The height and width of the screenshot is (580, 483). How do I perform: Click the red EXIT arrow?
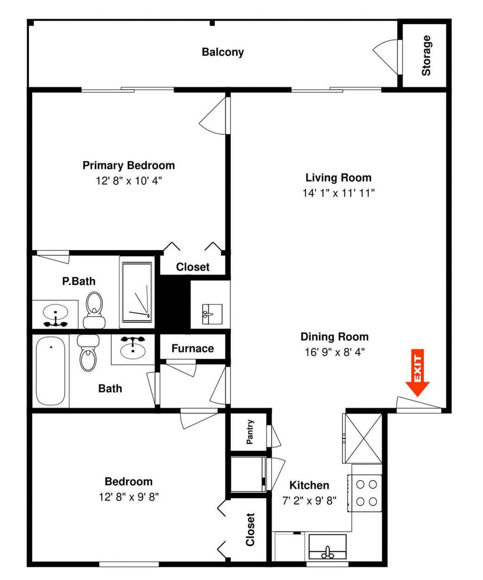[x=417, y=372]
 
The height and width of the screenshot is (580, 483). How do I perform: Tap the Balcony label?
[x=222, y=52]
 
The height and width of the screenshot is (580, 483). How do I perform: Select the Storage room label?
[x=426, y=55]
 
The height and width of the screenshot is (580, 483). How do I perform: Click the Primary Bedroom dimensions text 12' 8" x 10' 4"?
[x=128, y=181]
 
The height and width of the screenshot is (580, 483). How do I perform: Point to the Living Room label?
[x=338, y=178]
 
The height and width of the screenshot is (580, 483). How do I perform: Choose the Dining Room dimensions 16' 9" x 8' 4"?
[x=335, y=352]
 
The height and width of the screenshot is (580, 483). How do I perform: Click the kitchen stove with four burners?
[x=367, y=493]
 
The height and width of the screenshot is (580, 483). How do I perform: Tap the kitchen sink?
[x=328, y=547]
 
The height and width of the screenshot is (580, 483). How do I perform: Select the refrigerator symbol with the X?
[x=363, y=437]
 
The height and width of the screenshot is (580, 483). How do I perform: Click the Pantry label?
[x=250, y=432]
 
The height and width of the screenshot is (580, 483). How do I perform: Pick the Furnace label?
[x=192, y=349]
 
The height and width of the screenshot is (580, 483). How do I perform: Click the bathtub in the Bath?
[x=50, y=371]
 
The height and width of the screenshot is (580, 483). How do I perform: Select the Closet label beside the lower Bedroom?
[x=250, y=529]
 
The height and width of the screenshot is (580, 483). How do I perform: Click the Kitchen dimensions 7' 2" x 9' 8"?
[x=309, y=501]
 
